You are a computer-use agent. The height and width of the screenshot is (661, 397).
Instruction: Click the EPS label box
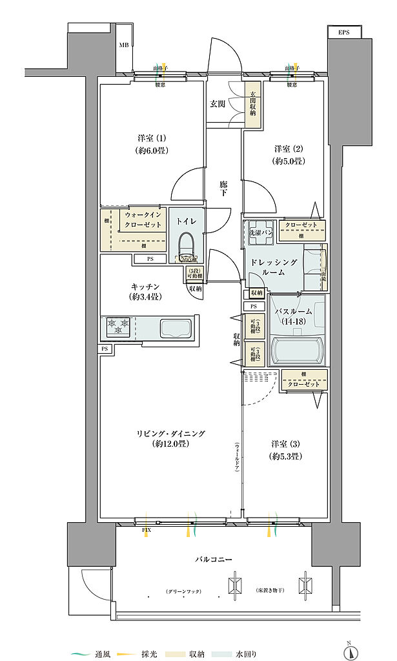pyautogui.click(x=343, y=32)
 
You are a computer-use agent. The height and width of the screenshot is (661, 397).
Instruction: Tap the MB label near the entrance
pyautogui.click(x=123, y=45)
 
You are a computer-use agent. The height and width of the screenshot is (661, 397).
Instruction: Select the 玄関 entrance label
pyautogui.click(x=218, y=103)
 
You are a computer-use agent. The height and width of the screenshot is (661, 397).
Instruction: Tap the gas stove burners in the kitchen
pyautogui.click(x=118, y=327)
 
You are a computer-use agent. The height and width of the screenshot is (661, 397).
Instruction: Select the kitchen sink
pyautogui.click(x=176, y=327)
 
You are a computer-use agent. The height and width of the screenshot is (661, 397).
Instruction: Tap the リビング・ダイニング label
pyautogui.click(x=170, y=438)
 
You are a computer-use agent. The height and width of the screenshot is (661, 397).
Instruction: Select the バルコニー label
pyautogui.click(x=215, y=559)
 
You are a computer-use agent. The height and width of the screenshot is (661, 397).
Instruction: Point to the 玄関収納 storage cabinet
pyautogui.click(x=252, y=103)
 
